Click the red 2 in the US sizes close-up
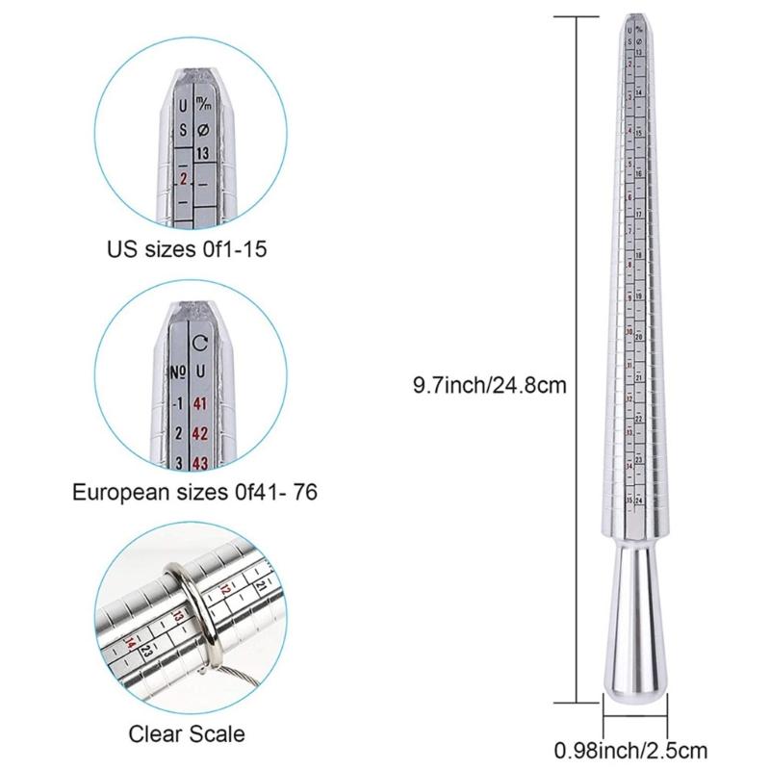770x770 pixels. click(183, 178)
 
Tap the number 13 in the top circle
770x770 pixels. click(202, 153)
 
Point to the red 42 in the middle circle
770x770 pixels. click(200, 432)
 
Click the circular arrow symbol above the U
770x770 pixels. click(200, 343)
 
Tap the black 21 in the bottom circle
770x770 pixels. click(262, 585)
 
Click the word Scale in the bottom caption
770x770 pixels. click(212, 734)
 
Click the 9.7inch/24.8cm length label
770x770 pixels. click(488, 384)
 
